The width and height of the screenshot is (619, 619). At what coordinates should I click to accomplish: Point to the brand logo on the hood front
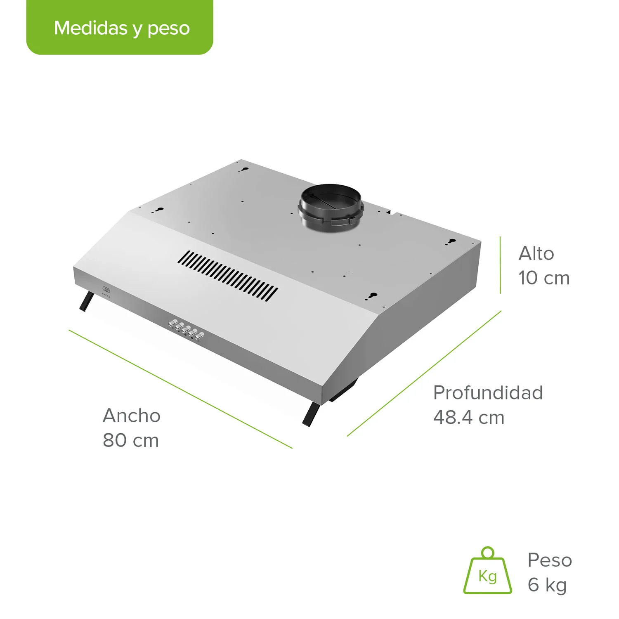tap(106, 291)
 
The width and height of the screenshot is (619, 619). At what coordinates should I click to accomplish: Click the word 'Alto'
tap(536, 253)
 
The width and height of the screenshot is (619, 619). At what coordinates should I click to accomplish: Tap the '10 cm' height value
tap(544, 278)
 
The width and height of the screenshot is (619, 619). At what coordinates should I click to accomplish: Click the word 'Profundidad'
tap(488, 392)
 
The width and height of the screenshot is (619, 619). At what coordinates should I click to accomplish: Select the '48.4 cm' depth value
tap(469, 418)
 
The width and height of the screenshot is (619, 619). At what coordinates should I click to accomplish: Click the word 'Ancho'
tap(132, 416)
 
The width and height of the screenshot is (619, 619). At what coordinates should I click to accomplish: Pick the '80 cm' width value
tap(131, 440)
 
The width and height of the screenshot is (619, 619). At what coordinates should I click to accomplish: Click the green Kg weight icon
tap(487, 572)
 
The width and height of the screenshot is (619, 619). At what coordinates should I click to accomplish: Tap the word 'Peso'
tap(550, 560)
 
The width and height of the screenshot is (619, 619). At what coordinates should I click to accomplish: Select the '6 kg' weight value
tap(547, 585)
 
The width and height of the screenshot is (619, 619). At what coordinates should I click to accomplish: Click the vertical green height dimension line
tap(500, 265)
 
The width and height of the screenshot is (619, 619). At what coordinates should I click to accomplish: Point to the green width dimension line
tap(180, 389)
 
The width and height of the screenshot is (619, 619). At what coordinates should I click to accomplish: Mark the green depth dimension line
tap(424, 373)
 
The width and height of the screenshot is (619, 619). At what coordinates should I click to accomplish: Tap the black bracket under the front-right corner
tap(311, 414)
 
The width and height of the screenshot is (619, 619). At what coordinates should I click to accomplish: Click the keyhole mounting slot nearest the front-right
tap(373, 295)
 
